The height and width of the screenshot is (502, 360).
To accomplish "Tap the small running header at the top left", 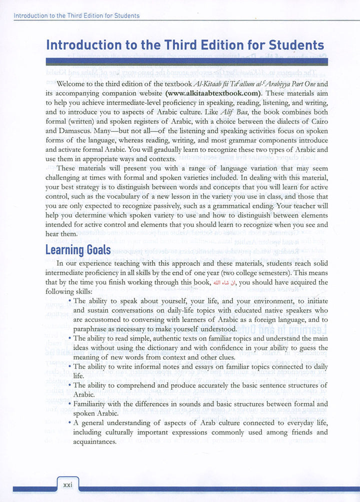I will tap(76, 15).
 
